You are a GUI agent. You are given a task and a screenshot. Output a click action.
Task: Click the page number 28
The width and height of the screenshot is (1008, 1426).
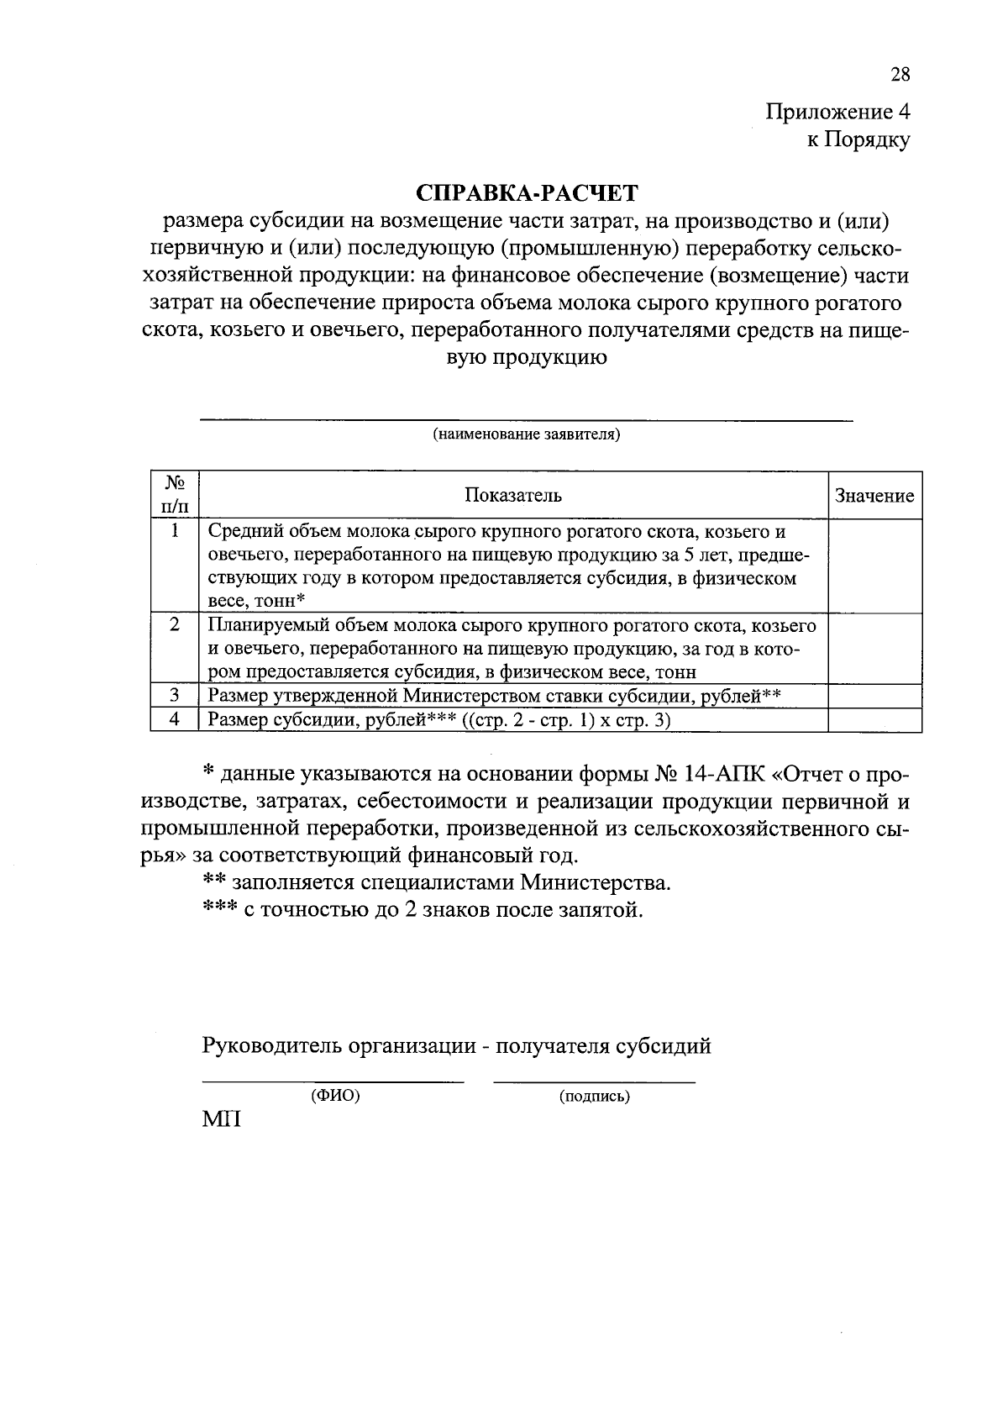pos(900,75)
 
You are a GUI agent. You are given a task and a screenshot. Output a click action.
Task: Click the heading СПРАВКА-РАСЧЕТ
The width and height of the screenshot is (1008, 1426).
pos(528,193)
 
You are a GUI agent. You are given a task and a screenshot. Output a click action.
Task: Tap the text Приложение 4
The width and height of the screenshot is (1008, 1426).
pos(837,112)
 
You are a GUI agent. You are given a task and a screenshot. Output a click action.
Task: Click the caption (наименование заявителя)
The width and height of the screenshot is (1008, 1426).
pos(526,434)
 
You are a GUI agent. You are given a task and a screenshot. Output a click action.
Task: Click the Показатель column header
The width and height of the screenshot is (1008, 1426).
pos(513,495)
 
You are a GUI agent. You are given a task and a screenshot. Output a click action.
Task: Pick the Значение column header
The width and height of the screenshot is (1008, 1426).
pos(874,496)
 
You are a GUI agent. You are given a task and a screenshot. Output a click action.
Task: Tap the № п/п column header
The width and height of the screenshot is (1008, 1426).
pos(175,495)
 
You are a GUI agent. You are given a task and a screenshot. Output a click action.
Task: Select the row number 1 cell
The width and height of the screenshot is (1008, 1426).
pos(175,531)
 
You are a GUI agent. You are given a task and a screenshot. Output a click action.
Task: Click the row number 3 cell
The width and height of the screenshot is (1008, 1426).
pos(175,696)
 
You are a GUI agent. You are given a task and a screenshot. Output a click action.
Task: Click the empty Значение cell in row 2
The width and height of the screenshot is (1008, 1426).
pos(874,648)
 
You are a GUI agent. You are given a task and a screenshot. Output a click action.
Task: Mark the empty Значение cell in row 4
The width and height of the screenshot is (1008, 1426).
pos(874,721)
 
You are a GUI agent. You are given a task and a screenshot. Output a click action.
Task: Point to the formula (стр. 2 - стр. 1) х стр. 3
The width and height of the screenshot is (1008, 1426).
pos(567,721)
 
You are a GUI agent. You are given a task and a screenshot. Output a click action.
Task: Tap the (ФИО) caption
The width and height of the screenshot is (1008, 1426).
pos(335,1096)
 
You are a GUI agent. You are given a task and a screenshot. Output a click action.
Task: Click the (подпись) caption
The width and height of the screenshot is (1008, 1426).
pos(594,1096)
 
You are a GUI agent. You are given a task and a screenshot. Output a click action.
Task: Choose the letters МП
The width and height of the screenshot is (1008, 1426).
pos(221,1120)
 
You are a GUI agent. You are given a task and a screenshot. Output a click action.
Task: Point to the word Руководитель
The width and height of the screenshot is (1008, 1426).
pos(271,1046)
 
